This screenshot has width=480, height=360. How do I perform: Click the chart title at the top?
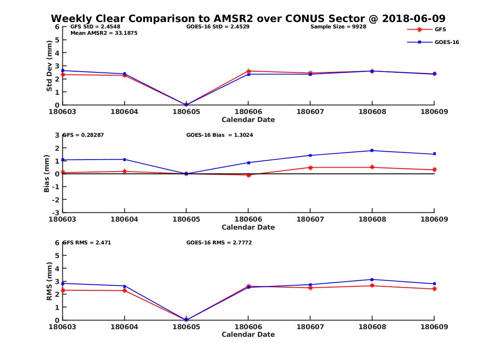coord(248,18)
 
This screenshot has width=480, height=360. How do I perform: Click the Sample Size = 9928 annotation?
coord(338,27)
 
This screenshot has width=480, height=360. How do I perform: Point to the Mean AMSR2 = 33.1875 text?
coord(104,33)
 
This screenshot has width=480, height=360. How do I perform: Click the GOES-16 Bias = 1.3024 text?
coord(220,135)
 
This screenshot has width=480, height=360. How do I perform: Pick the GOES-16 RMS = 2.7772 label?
coord(219,242)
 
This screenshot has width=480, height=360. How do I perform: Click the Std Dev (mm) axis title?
coord(49,66)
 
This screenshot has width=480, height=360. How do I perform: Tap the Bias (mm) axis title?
coord(47,174)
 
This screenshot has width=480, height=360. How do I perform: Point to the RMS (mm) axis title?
coord(49,281)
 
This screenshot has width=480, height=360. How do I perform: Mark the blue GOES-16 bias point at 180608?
coord(372,150)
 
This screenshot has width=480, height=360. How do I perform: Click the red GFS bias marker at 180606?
coord(248,175)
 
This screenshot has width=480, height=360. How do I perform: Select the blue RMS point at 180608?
coord(372,279)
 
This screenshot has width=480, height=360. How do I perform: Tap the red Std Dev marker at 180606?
coord(248,71)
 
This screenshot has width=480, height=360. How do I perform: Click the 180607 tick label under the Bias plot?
coord(310,219)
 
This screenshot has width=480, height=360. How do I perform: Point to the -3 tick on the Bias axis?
coord(57,212)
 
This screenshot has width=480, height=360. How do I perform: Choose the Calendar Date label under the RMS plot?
coord(248,334)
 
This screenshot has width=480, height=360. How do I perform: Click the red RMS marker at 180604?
coord(124,290)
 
